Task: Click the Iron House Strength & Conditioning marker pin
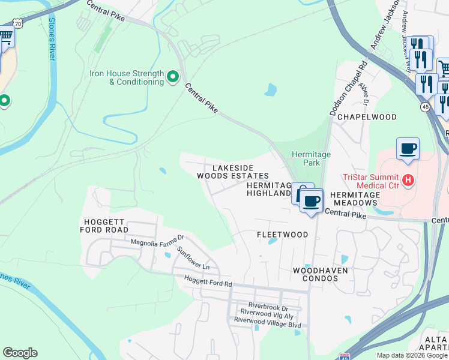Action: [x=173, y=76]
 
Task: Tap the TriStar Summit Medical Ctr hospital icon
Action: [x=408, y=179]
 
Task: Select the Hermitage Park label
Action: [x=311, y=158]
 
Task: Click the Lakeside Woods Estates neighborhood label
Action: [x=233, y=172]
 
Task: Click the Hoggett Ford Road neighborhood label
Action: [x=105, y=226]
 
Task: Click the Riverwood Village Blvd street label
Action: [x=267, y=320]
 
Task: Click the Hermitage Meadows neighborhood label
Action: [x=355, y=199]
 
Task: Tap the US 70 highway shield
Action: [x=18, y=24]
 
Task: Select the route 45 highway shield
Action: [x=425, y=107]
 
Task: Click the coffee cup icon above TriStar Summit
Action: [x=408, y=149]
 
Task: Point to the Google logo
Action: [x=20, y=353]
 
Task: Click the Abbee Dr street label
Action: [x=364, y=94]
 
